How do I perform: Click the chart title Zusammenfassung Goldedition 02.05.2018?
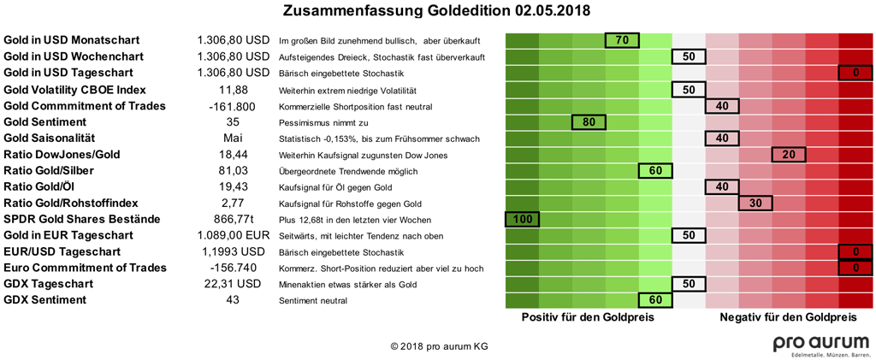coord(436,12)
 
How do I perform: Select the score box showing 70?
coord(622,40)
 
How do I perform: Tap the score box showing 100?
coord(522,219)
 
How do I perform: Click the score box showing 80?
coord(589,121)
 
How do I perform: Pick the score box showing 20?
coord(789,154)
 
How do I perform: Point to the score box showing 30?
coord(755,203)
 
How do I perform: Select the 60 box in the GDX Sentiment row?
coord(655,300)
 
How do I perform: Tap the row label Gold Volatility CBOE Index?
coord(74,89)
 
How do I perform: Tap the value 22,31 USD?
coord(233,284)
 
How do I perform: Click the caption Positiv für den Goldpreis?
coord(589,317)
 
